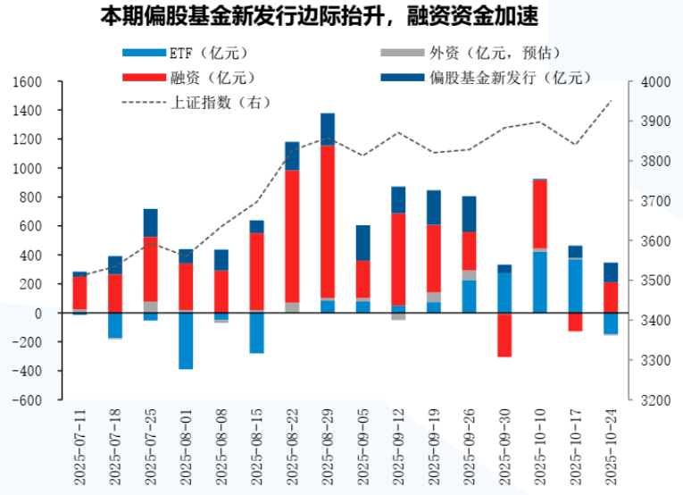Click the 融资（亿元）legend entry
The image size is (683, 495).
click(x=199, y=77)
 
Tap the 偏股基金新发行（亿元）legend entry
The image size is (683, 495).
click(x=501, y=77)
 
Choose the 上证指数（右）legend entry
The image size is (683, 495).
click(x=205, y=101)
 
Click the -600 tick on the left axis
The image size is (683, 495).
click(x=28, y=399)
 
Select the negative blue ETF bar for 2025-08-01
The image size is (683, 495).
click(x=186, y=340)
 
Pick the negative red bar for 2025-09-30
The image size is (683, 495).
click(x=504, y=335)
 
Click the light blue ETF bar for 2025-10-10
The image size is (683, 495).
click(x=540, y=281)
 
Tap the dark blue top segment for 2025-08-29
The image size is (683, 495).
click(x=328, y=130)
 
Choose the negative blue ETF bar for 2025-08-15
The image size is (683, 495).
click(x=256, y=332)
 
